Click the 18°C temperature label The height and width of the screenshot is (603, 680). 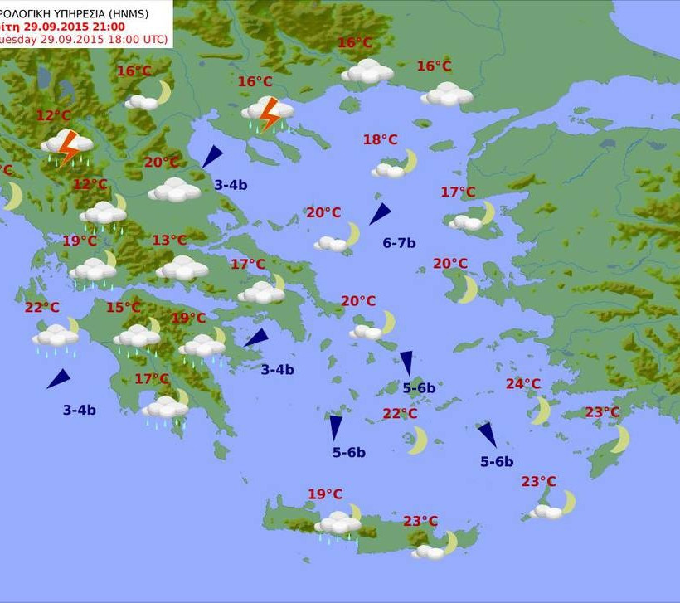tap(380, 139)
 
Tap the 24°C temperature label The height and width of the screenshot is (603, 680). tap(522, 384)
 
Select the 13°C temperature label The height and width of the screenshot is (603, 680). tap(169, 241)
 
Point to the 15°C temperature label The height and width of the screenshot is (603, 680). tap(123, 308)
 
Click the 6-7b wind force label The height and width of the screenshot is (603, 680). tap(399, 243)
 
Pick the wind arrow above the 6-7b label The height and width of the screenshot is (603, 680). tap(380, 213)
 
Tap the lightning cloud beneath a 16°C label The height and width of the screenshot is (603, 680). tap(267, 113)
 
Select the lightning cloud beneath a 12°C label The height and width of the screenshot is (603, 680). tap(66, 145)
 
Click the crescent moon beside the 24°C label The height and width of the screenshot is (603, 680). tap(541, 409)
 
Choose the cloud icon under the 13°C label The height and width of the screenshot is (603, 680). tap(182, 267)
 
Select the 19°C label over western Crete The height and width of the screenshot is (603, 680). tap(325, 494)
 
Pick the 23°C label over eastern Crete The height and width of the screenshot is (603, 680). tap(420, 521)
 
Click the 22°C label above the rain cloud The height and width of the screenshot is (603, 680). tap(41, 308)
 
